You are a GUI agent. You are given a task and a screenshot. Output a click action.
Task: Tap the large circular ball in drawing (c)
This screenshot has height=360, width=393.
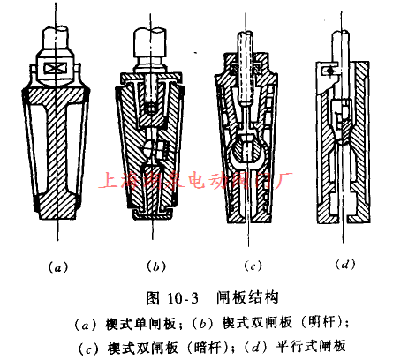250,157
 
